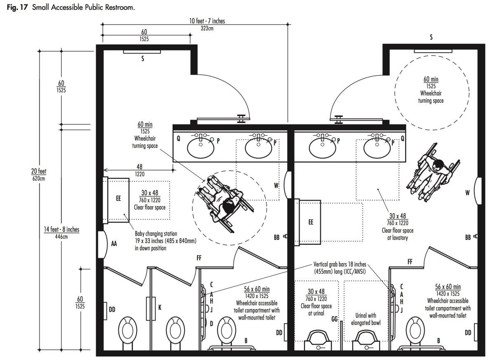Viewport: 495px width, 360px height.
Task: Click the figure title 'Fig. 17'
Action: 17,7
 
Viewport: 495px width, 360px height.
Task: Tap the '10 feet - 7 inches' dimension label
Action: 207,21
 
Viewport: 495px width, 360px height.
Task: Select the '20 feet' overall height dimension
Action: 39,171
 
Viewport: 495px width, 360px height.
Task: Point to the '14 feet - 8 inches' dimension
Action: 61,229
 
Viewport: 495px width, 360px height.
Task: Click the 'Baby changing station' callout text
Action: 156,234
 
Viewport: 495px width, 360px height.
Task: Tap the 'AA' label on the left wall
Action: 114,244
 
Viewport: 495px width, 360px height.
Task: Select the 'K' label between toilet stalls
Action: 160,308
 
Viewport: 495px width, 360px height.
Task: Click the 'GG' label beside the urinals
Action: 335,319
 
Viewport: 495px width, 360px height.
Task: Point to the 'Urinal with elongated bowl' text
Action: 366,319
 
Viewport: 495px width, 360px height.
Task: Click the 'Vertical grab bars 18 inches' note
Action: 339,264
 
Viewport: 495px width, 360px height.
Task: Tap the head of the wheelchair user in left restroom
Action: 228,206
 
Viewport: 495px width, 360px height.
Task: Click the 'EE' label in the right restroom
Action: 311,222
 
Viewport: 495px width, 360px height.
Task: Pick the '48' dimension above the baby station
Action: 139,166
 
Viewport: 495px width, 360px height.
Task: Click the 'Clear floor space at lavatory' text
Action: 397,234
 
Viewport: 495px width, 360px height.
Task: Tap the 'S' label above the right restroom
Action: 431,37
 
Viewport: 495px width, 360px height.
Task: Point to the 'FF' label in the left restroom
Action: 199,258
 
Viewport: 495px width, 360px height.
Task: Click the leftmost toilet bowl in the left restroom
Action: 127,330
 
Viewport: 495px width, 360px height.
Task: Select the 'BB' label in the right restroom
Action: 468,237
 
